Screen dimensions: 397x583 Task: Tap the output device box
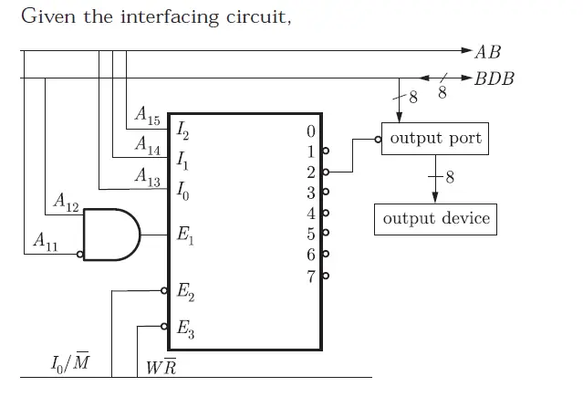[x=435, y=219]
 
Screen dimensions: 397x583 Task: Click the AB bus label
[x=488, y=52]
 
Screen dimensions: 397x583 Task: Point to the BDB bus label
[x=495, y=78]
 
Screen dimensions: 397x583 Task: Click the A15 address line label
[x=146, y=116]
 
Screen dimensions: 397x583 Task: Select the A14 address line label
[x=147, y=143]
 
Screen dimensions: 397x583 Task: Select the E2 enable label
[x=185, y=294]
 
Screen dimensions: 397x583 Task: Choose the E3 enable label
[x=185, y=329]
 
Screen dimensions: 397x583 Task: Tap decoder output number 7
[x=311, y=276]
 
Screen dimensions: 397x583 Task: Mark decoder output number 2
[x=311, y=172]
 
